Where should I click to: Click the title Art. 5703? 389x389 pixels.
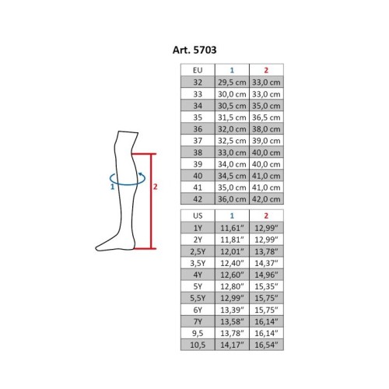tap(194, 50)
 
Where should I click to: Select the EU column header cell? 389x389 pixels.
tap(198, 70)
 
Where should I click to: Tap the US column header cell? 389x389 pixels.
tap(198, 216)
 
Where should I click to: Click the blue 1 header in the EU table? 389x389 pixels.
tap(232, 70)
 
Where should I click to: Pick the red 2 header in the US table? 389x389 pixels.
tap(266, 216)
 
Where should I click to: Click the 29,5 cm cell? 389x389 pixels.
tap(232, 82)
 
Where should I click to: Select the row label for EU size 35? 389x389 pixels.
tap(198, 117)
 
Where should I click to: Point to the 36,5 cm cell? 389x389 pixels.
tap(266, 117)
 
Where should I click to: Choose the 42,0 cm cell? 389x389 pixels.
tap(266, 199)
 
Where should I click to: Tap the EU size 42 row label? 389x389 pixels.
tap(198, 199)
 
